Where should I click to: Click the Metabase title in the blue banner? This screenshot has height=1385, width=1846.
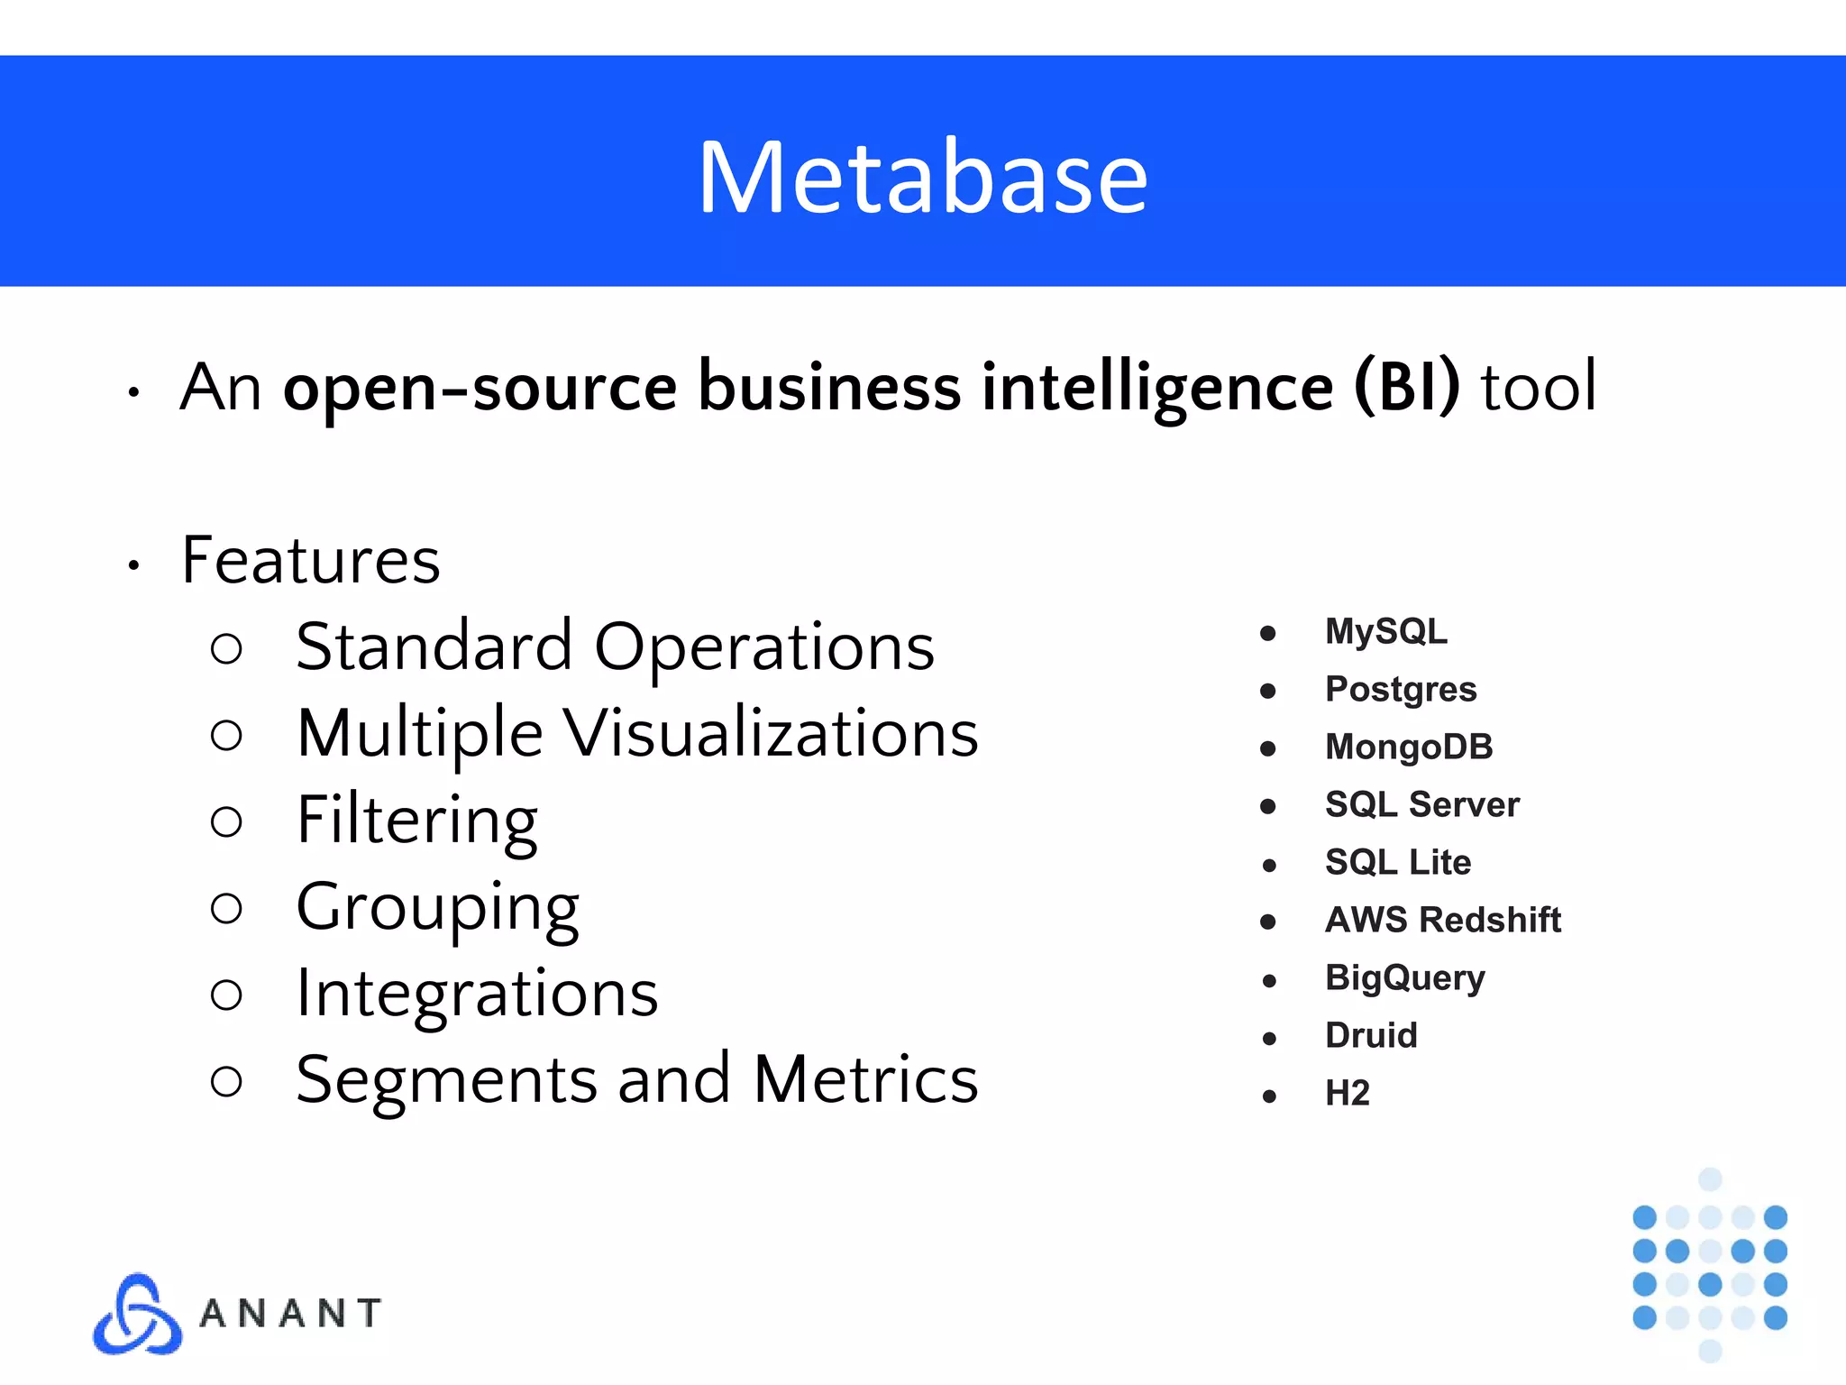[x=923, y=177]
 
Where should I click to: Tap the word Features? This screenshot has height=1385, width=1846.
[x=311, y=560]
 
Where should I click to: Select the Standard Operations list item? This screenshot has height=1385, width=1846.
[x=615, y=647]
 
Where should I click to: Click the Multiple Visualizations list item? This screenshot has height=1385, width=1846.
[x=637, y=733]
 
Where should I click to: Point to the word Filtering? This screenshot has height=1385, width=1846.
[x=417, y=821]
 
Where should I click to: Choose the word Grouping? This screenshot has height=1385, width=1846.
[x=437, y=907]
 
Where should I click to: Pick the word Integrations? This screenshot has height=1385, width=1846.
[x=477, y=994]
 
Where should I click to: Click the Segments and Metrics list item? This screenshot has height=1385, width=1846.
[x=636, y=1079]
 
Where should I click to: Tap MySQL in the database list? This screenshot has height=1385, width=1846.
[x=1385, y=631]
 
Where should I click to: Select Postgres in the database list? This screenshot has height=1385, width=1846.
[x=1401, y=690]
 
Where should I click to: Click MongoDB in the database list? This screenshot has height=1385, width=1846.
[x=1409, y=748]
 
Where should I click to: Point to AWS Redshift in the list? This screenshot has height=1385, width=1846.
[x=1442, y=921]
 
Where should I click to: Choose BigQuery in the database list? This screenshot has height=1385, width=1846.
[x=1404, y=978]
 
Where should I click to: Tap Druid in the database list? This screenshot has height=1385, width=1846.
[x=1371, y=1036]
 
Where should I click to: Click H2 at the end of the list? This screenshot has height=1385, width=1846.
[x=1348, y=1094]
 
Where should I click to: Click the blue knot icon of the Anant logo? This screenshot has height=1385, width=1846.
[x=137, y=1314]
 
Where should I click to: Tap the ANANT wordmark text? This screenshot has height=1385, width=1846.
[x=290, y=1314]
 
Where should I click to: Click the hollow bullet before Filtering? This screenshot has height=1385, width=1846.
[x=226, y=821]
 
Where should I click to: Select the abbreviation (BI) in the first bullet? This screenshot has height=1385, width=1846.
[x=1406, y=387]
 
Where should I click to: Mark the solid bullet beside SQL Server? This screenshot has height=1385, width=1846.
[x=1268, y=806]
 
